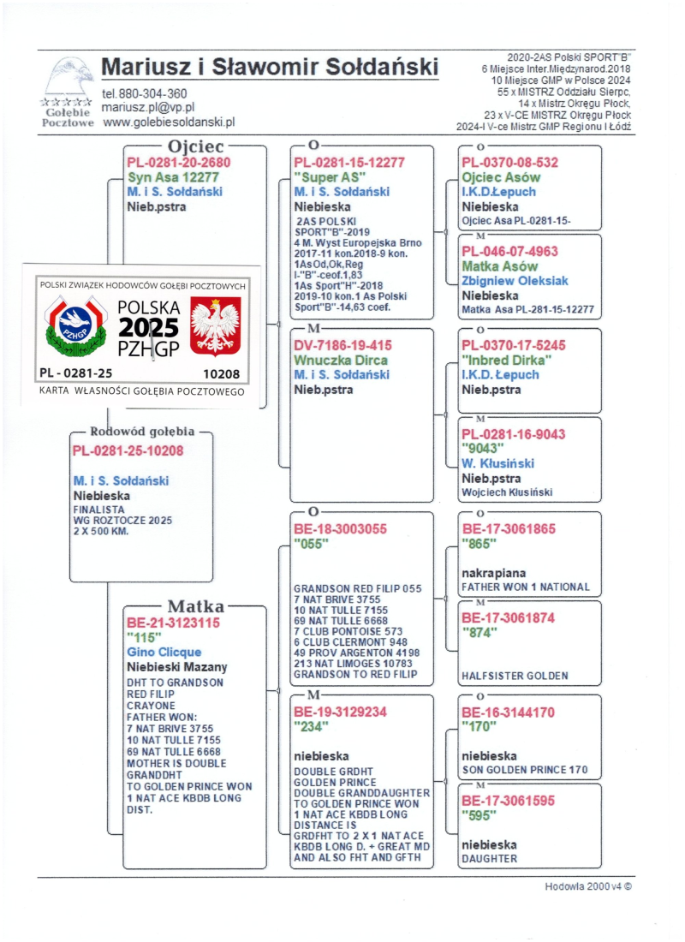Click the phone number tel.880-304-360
145,93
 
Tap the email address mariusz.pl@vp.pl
148,107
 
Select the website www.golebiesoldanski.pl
168,122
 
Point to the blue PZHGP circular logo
78,326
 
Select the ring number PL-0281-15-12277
349,163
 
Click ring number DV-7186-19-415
343,345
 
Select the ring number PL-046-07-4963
510,252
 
